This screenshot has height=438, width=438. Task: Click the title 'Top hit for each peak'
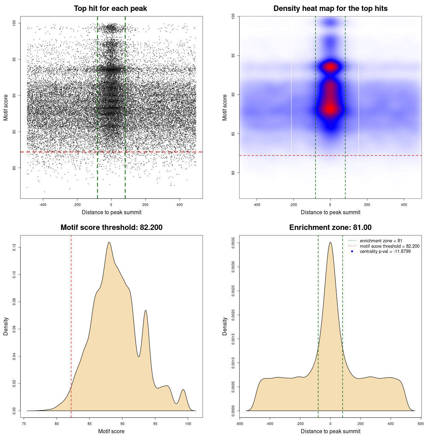tap(110, 9)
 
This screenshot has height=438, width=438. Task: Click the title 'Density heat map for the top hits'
tap(330, 9)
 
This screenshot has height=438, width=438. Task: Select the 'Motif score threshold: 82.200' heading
tap(111, 228)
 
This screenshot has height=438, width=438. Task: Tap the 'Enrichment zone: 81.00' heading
tap(330, 228)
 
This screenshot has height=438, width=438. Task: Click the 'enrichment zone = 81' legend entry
tap(381, 241)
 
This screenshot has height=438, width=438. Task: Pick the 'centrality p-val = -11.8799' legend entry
tap(385, 252)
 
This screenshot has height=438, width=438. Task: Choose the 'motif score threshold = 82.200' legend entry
tap(389, 246)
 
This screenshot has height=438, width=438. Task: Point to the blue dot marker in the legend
tap(352, 252)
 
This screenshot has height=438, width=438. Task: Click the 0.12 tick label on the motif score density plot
tap(14, 247)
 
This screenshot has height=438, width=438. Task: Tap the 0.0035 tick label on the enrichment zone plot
tap(233, 243)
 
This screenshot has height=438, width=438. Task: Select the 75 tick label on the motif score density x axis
tap(24, 424)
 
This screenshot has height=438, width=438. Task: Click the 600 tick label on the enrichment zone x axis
tap(421, 424)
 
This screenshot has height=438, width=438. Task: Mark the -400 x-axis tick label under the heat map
tap(257, 205)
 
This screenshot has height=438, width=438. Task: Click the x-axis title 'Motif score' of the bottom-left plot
tap(111, 431)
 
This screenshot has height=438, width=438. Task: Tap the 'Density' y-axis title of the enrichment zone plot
tap(225, 326)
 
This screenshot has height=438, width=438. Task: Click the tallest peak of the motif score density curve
tap(109, 242)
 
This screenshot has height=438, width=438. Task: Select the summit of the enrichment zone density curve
tap(330, 242)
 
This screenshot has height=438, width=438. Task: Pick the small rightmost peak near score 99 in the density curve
tap(183, 390)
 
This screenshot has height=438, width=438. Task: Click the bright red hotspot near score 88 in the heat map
tap(330, 109)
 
